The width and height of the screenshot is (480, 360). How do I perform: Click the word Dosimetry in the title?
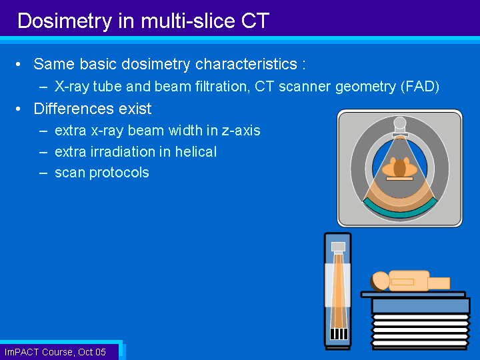click(65, 21)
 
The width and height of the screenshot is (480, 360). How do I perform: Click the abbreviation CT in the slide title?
click(255, 21)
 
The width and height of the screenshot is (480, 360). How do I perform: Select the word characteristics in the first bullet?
click(246, 64)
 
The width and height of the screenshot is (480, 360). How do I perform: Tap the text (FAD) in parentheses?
click(420, 87)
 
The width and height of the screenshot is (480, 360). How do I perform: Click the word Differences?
click(74, 109)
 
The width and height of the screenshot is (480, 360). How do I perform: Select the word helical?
click(196, 151)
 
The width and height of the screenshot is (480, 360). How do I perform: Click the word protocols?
click(119, 173)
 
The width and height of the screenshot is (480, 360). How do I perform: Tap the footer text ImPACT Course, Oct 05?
click(55, 352)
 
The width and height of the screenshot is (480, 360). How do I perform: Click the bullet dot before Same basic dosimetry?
click(19, 64)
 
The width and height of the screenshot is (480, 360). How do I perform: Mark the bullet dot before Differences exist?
click(19, 109)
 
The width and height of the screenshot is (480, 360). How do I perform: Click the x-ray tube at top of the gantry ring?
click(400, 127)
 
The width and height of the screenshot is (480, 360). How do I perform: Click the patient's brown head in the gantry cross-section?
click(399, 168)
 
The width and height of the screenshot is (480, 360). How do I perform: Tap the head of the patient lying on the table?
click(379, 281)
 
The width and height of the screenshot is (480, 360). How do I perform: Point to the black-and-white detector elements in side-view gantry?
click(339, 334)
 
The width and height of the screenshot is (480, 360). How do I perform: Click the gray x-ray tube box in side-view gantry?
click(338, 247)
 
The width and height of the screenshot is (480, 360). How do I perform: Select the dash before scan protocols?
click(43, 173)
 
